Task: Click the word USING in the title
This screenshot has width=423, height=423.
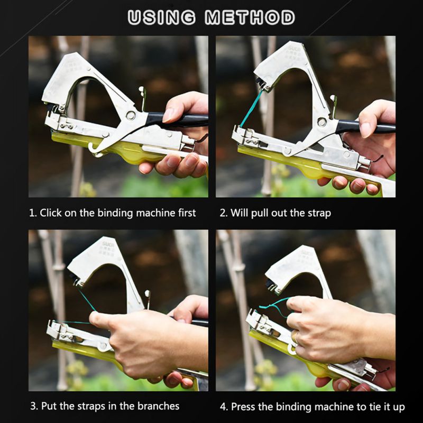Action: pyautogui.click(x=162, y=17)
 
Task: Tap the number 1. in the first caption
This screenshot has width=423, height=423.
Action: pyautogui.click(x=33, y=213)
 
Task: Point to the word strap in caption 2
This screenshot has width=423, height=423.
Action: pyautogui.click(x=319, y=213)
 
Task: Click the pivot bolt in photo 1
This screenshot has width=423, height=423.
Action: pyautogui.click(x=130, y=115)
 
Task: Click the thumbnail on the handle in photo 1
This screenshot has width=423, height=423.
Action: pyautogui.click(x=171, y=114)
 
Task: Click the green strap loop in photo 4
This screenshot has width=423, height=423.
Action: pyautogui.click(x=277, y=306)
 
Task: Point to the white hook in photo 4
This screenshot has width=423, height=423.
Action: pyautogui.click(x=292, y=347)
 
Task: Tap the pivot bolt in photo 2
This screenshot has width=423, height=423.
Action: pyautogui.click(x=321, y=122)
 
